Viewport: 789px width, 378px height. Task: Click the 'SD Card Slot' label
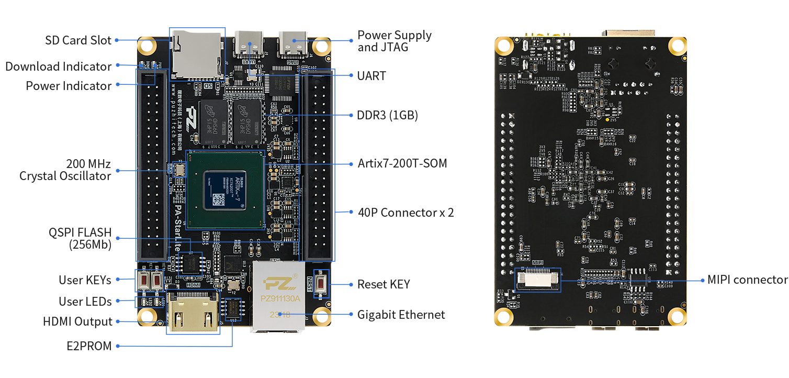78,40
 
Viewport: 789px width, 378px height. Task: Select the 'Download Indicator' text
58,66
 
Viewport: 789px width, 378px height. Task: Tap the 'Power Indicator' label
69,85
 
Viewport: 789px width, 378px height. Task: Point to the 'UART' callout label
371,76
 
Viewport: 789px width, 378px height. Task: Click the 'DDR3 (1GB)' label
387,116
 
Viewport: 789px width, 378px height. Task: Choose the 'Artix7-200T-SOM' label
402,163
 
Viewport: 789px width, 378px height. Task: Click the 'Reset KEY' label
383,284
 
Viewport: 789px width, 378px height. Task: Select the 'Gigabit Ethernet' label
401,315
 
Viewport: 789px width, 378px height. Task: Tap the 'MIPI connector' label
747,280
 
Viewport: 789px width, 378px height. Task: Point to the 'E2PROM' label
89,346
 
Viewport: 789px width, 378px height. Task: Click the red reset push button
321,284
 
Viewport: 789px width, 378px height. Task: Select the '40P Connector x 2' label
405,213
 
